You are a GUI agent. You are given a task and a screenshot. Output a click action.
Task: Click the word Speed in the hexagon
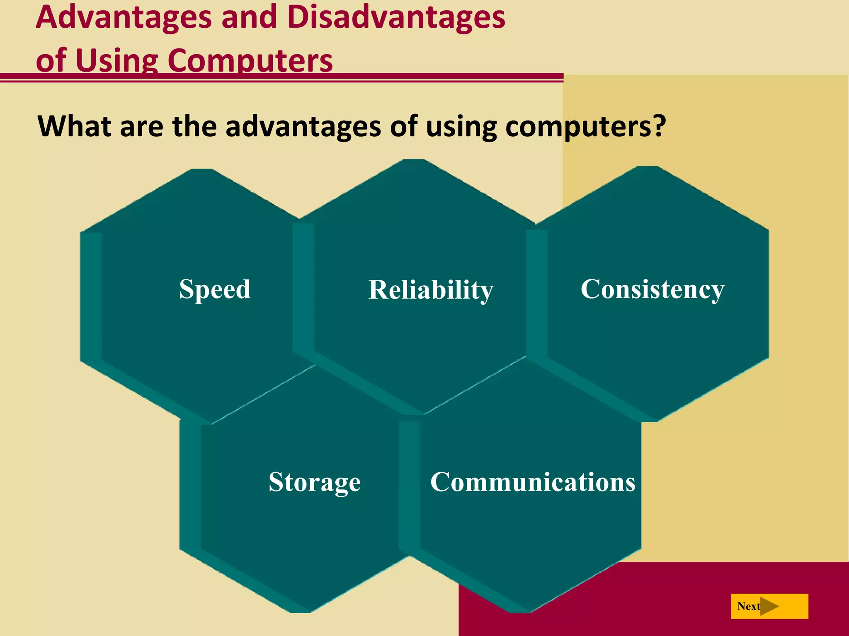coord(215,289)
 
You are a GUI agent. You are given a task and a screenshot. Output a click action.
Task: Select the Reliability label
coord(431,289)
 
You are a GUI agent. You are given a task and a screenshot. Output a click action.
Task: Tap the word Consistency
coord(652,289)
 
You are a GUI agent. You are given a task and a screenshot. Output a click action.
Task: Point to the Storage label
coord(315,482)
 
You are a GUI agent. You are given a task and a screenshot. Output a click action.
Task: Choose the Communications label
coord(533,482)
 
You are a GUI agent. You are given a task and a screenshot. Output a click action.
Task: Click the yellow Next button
coord(769,606)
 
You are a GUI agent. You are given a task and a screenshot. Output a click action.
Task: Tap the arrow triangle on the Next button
coord(769,606)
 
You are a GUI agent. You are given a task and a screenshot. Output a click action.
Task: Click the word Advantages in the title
coord(124,17)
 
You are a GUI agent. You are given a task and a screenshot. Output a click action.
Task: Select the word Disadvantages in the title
coord(396,17)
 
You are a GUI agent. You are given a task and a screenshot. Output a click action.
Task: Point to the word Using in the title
coord(117,60)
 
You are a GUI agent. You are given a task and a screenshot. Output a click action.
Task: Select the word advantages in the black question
coord(303,127)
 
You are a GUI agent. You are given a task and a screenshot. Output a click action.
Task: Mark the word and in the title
coord(249,17)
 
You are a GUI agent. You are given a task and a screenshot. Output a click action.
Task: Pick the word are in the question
coord(141,127)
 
